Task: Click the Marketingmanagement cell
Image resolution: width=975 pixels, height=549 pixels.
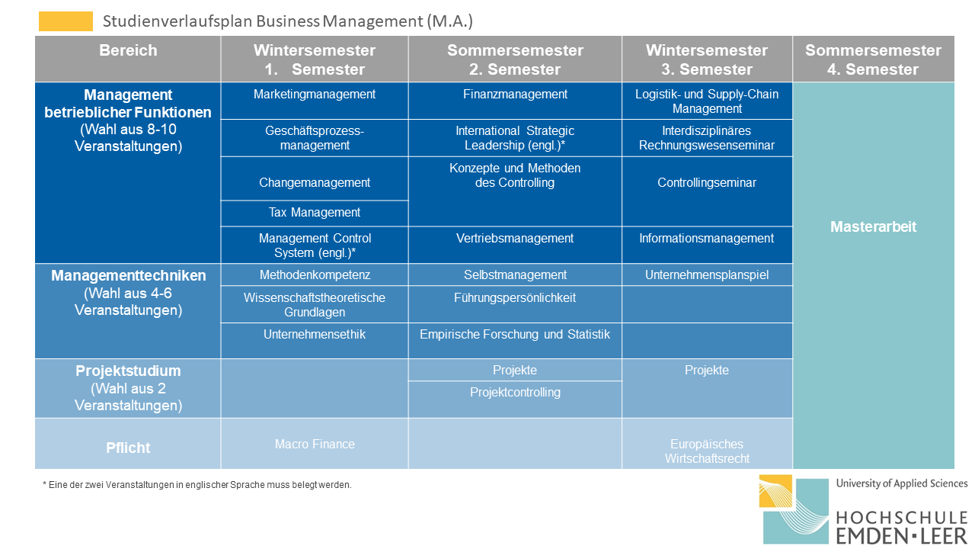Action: point(315,101)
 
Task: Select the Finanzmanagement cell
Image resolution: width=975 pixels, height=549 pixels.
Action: point(515,101)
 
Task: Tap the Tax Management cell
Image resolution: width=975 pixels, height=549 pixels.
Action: point(315,213)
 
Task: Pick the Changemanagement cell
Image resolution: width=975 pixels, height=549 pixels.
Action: point(315,178)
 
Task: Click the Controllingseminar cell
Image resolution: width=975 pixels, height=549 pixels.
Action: point(707,191)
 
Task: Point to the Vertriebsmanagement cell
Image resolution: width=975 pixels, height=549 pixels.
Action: point(515,245)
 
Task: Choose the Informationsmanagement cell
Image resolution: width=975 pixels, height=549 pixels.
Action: point(707,245)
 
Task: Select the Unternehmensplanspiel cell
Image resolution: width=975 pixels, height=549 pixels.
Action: point(707,275)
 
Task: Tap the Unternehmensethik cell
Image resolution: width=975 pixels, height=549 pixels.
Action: point(315,341)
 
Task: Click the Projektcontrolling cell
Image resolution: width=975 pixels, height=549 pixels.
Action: point(515,400)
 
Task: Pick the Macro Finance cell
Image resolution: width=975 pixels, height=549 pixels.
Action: point(315,444)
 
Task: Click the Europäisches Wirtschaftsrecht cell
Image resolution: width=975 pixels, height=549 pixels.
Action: point(707,444)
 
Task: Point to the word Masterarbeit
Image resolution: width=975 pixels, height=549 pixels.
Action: point(873,226)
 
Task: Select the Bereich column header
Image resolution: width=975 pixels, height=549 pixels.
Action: point(128,59)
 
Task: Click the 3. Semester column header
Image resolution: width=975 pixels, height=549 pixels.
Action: point(707,59)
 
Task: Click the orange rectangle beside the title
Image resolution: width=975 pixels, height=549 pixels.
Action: point(66,21)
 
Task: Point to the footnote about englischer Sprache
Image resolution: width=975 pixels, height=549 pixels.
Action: point(197,485)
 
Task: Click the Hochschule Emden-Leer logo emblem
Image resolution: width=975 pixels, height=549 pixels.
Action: point(794,509)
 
